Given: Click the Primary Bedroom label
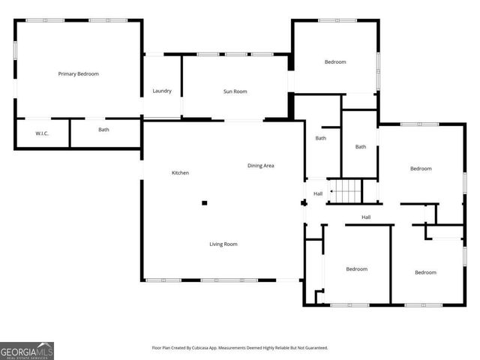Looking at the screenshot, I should pyautogui.click(x=79, y=73).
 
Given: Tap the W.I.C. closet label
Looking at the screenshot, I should pyautogui.click(x=42, y=133).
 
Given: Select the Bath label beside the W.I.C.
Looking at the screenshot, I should pyautogui.click(x=104, y=130).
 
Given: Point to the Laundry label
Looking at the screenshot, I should pyautogui.click(x=162, y=91).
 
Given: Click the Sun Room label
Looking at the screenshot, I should pyautogui.click(x=235, y=91).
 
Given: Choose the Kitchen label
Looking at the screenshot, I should pyautogui.click(x=180, y=173).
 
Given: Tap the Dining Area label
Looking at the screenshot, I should pyautogui.click(x=261, y=165).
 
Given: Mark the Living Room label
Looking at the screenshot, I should pyautogui.click(x=223, y=244).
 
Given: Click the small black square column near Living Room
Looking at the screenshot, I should pyautogui.click(x=204, y=202).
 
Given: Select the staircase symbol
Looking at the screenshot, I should pyautogui.click(x=346, y=192).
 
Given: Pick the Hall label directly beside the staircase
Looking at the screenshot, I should pyautogui.click(x=318, y=194).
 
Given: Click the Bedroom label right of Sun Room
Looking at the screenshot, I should pyautogui.click(x=335, y=61).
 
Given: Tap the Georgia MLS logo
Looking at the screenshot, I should pyautogui.click(x=27, y=351).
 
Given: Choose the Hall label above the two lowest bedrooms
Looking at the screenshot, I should pyautogui.click(x=366, y=217).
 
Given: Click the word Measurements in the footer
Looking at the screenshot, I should pyautogui.click(x=239, y=348).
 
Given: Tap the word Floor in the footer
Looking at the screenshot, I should pyautogui.click(x=157, y=348).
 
